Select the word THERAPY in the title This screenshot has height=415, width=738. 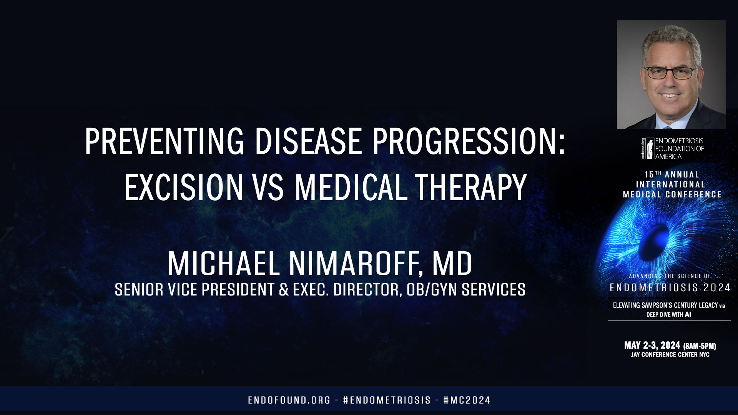coord(470,188)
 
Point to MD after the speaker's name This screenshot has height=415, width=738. coord(452,264)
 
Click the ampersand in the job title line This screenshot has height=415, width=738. coord(284,290)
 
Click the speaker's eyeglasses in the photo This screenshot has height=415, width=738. coord(670,73)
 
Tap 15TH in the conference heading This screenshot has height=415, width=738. coord(653,174)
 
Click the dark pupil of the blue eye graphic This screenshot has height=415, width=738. coord(658,238)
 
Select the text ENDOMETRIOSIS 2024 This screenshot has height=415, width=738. coord(670,288)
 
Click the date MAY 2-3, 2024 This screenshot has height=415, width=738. coord(652,345)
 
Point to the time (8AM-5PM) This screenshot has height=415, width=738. coord(700,346)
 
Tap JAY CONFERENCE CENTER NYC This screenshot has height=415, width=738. coord(670,355)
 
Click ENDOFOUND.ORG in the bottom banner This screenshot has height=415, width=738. coord(289,400)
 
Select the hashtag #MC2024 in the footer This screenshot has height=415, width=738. coord(467,400)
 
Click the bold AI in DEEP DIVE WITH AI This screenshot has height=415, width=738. coord(688,315)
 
